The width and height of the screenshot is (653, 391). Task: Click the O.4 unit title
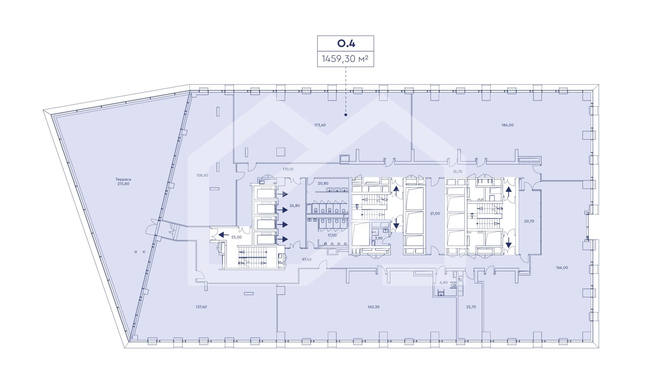tap(346, 43)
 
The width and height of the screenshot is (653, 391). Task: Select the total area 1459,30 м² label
tap(346, 59)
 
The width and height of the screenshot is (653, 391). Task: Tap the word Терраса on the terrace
tap(123, 179)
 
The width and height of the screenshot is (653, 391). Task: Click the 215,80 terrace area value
tap(123, 184)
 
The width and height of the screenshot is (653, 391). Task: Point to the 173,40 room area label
tap(320, 125)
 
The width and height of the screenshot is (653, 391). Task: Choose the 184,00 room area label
tap(507, 125)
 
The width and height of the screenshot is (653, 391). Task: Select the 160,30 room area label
tap(373, 307)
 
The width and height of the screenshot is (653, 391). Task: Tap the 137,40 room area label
tap(201, 307)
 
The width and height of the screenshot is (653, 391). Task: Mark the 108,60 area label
tap(202, 175)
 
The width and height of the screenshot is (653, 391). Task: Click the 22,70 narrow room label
tap(471, 307)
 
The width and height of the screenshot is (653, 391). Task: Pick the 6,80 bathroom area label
tap(443, 282)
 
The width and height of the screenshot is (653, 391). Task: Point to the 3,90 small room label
tap(379, 238)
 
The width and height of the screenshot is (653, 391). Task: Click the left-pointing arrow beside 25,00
tap(223, 234)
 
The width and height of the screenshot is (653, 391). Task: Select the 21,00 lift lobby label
tap(435, 214)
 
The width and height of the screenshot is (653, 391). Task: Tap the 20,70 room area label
tap(529, 221)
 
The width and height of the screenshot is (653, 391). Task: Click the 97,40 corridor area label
tap(307, 259)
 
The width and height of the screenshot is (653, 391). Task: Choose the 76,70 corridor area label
tap(457, 172)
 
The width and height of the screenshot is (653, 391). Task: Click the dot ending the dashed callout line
tap(346, 115)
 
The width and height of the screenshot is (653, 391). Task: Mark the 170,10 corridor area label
tap(288, 169)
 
